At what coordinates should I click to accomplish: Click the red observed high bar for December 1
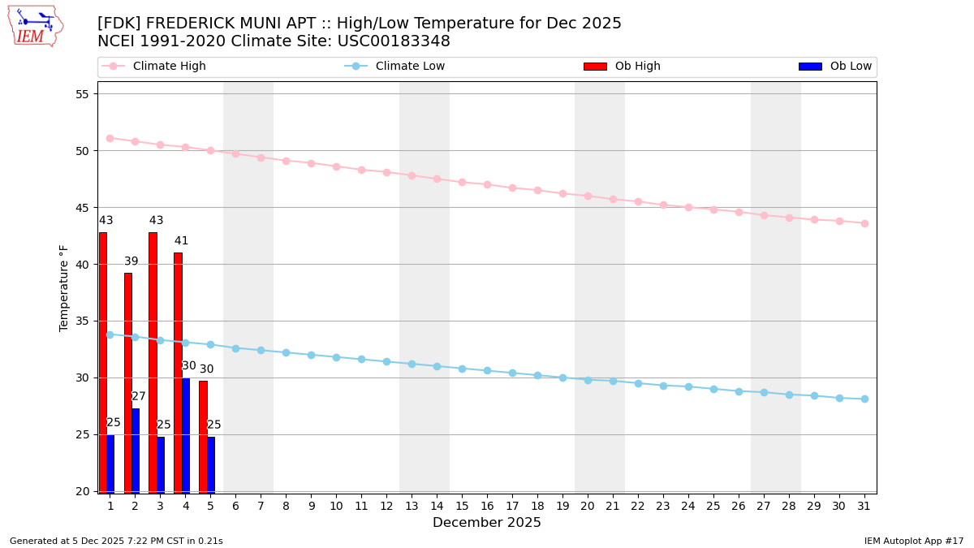click(x=103, y=362)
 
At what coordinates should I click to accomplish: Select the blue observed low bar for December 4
click(x=186, y=435)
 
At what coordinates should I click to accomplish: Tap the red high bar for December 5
click(x=203, y=437)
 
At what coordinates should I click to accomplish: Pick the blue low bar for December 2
click(x=136, y=451)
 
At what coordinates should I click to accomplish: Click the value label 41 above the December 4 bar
click(x=181, y=241)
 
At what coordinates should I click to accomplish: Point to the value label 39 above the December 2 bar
click(x=131, y=261)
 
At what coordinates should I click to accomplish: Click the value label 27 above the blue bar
click(x=139, y=396)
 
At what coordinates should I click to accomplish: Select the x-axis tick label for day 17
click(x=512, y=506)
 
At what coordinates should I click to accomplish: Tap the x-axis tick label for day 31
click(x=864, y=506)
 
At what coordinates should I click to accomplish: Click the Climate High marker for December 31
click(x=864, y=223)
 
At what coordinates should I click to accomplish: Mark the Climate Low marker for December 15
click(x=462, y=369)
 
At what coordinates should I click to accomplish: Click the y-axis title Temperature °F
click(x=64, y=287)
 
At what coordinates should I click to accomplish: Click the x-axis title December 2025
click(x=487, y=523)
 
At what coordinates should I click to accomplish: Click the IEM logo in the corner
click(x=35, y=26)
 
